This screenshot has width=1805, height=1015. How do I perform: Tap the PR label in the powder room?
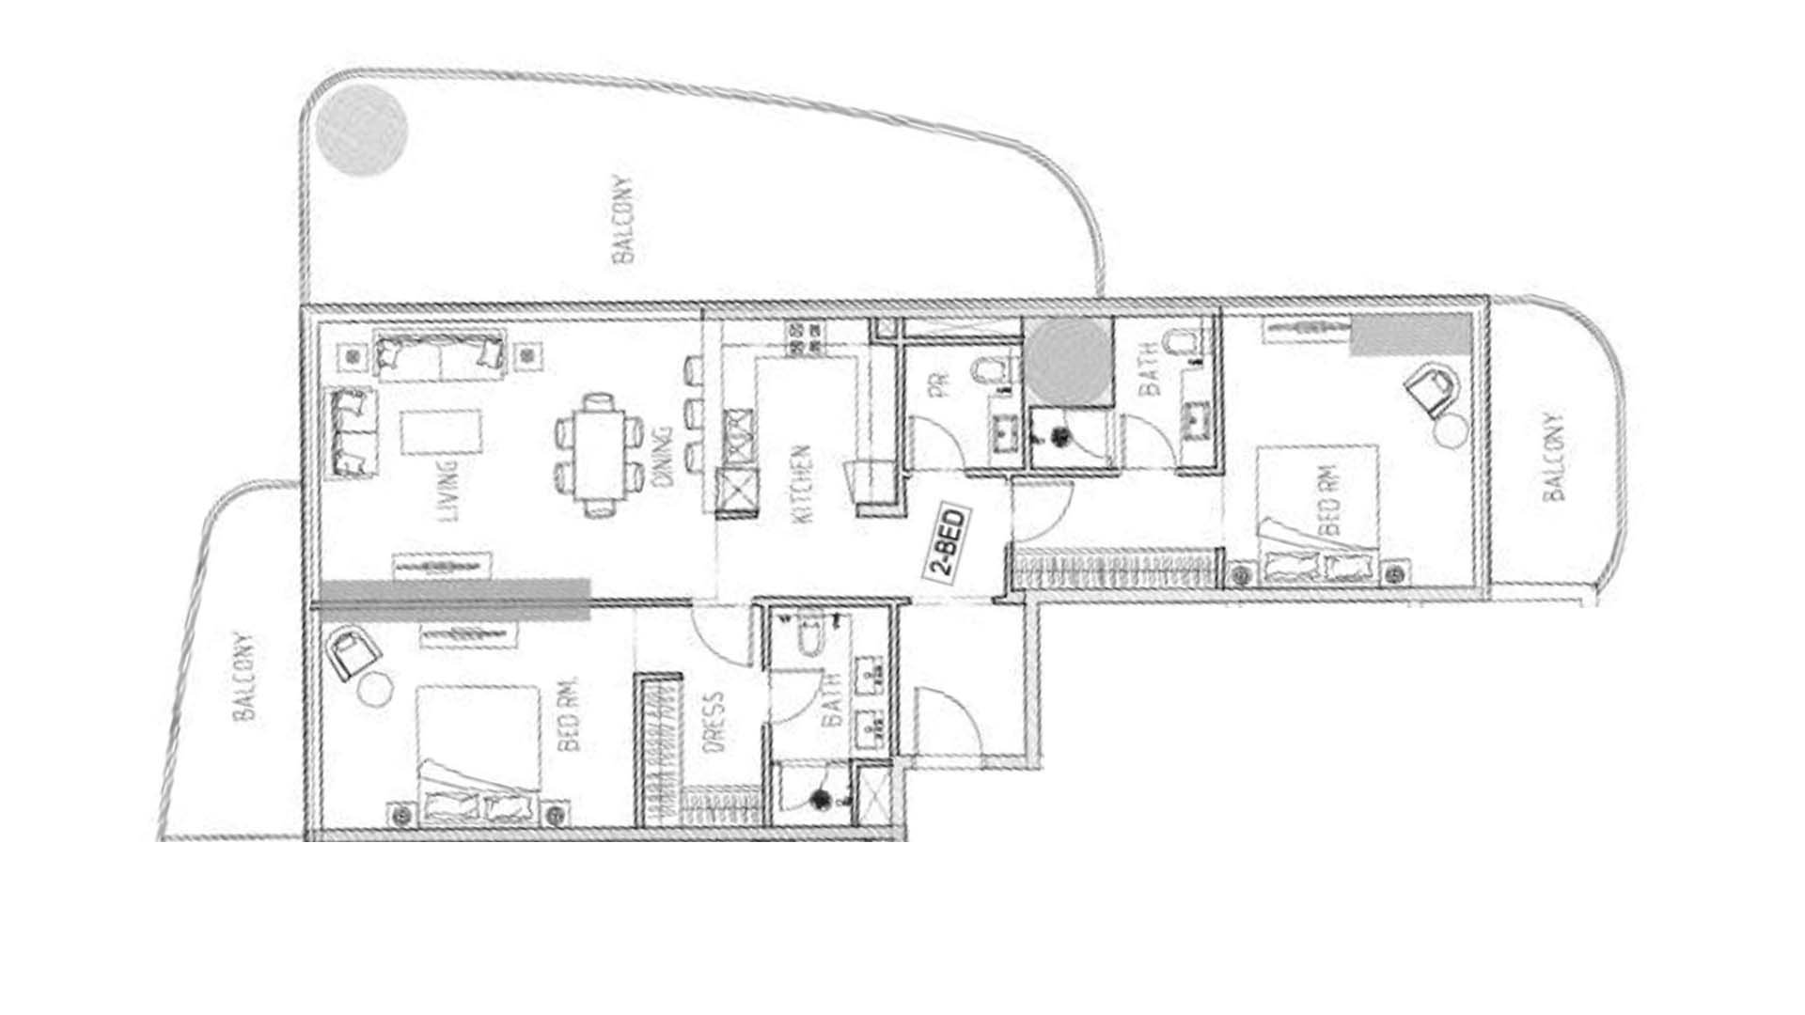click(941, 384)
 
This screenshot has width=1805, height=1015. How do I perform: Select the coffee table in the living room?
click(442, 433)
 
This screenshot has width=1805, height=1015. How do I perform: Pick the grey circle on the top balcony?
click(361, 130)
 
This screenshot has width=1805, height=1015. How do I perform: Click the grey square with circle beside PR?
click(1068, 362)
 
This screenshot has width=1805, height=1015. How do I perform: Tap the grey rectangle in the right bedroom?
click(1410, 336)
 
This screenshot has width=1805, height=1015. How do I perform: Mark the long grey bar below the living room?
click(455, 600)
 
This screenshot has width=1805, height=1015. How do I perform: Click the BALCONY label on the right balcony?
click(1553, 456)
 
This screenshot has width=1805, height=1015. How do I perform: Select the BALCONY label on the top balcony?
click(622, 219)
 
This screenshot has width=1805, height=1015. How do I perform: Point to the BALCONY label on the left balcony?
click(244, 677)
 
